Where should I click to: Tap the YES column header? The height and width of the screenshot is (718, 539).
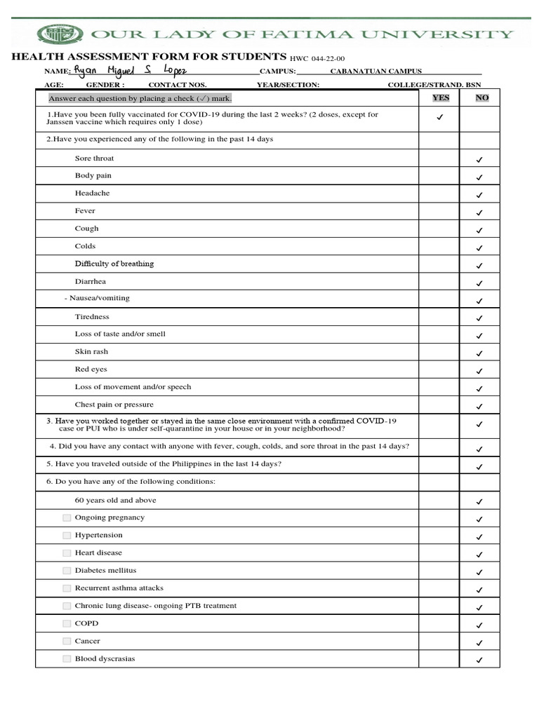[x=440, y=98]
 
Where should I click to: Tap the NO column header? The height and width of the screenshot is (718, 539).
[x=482, y=98]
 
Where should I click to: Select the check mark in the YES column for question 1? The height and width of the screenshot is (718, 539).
[x=440, y=118]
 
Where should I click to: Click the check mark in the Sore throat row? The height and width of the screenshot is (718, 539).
[x=479, y=161]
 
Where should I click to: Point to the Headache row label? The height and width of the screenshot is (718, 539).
[x=93, y=193]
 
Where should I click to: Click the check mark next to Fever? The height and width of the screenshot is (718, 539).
[x=479, y=213]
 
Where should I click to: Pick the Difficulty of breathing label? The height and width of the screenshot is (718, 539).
[x=114, y=264]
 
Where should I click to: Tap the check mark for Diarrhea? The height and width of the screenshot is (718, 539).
[x=479, y=284]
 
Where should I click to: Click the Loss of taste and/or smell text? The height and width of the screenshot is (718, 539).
[x=120, y=334]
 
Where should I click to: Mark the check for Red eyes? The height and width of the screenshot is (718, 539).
[x=479, y=372]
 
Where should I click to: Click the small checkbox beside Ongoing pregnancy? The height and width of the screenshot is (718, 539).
[x=67, y=517]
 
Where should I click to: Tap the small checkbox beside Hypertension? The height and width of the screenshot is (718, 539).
[x=67, y=535]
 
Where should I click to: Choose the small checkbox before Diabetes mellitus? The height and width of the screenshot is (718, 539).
[x=67, y=570]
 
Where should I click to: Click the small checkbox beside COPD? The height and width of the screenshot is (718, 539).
[x=67, y=623]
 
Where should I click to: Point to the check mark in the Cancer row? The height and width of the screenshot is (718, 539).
[x=479, y=643]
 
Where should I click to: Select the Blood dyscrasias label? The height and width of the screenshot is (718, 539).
[x=105, y=658]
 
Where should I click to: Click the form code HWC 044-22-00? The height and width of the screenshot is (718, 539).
[x=318, y=59]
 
